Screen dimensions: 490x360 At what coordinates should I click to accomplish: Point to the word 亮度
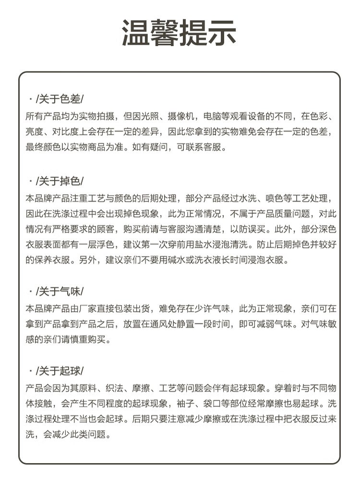point(33,132)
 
